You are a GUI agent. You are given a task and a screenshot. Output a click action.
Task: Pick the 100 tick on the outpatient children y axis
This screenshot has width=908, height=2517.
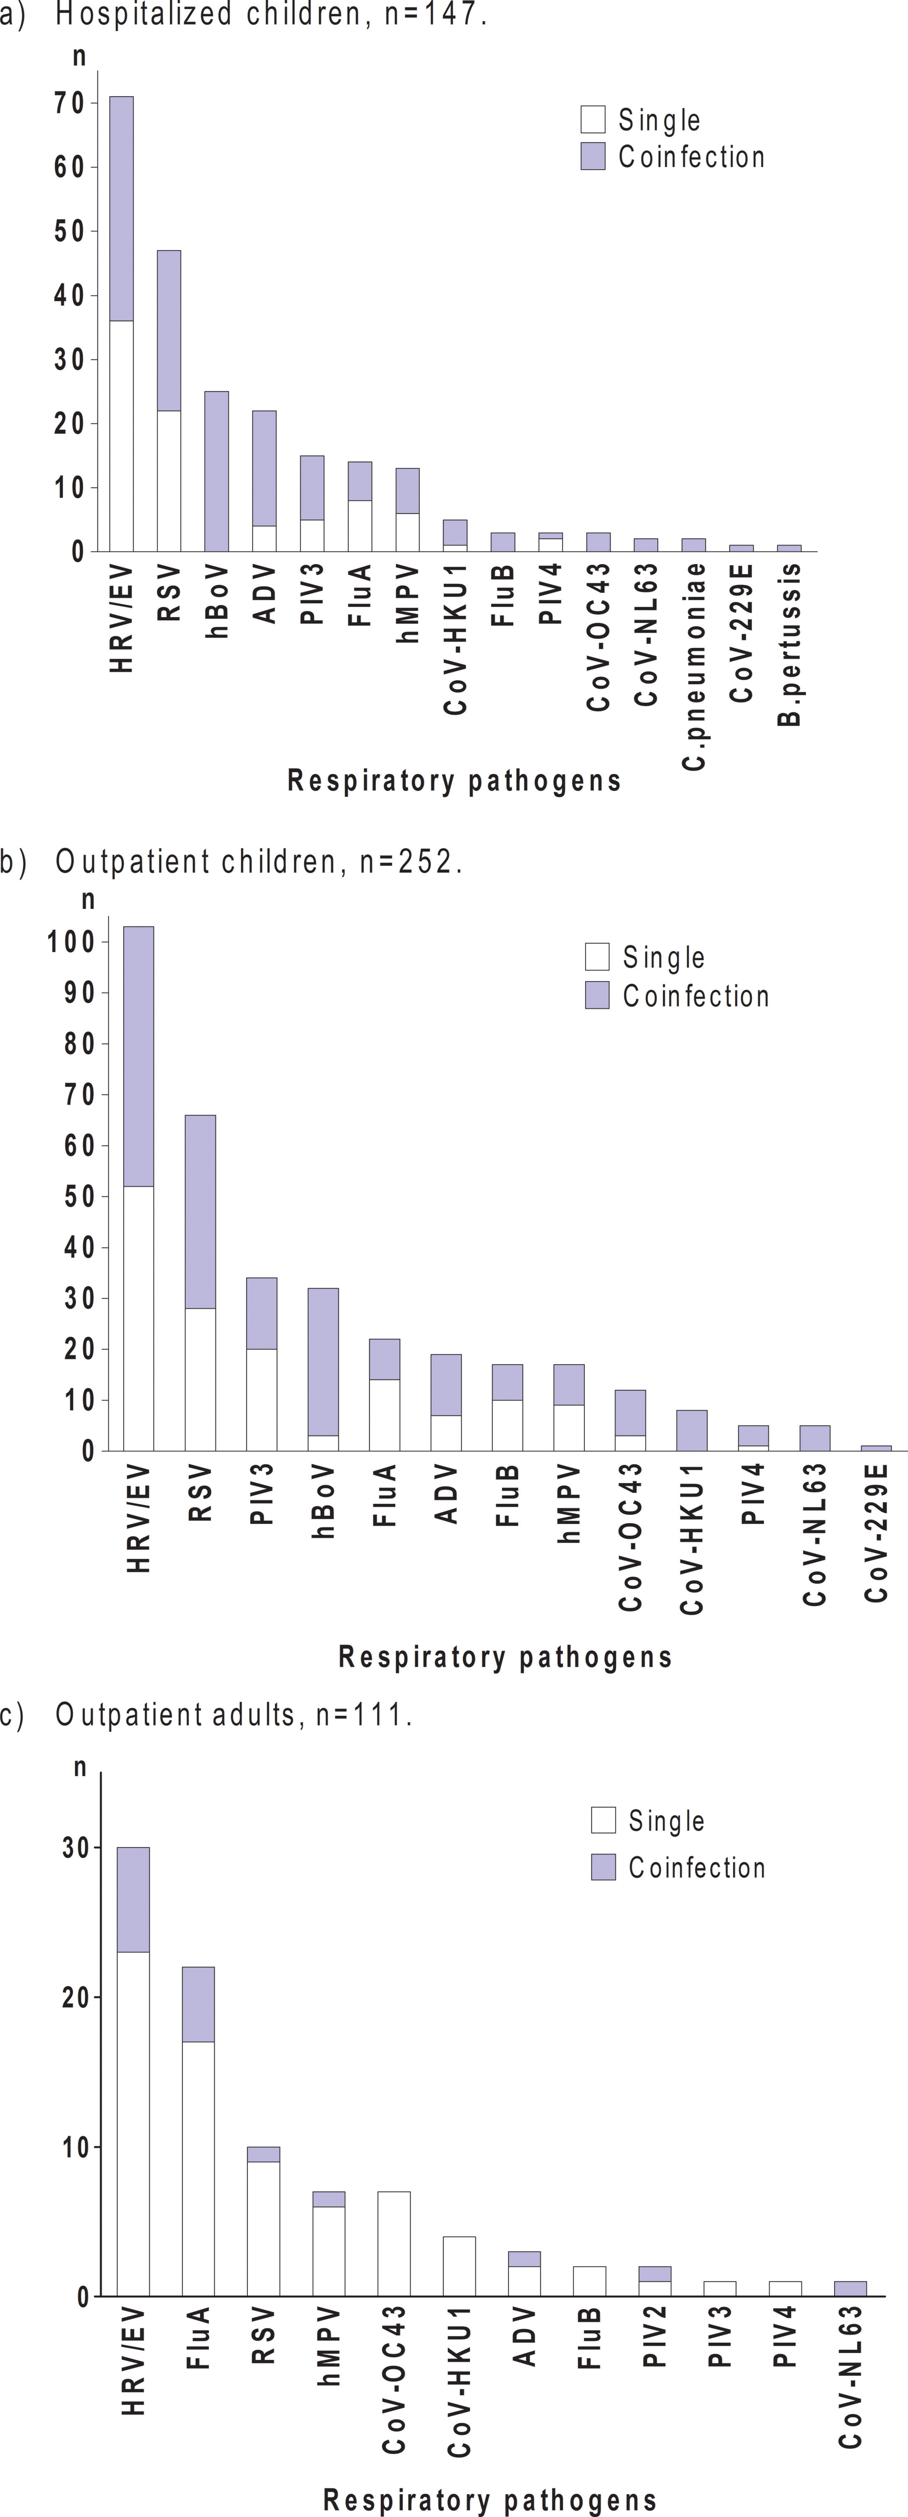[x=71, y=942]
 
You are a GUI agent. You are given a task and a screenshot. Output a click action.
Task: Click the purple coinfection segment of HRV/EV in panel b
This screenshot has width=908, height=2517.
[x=138, y=1055]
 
